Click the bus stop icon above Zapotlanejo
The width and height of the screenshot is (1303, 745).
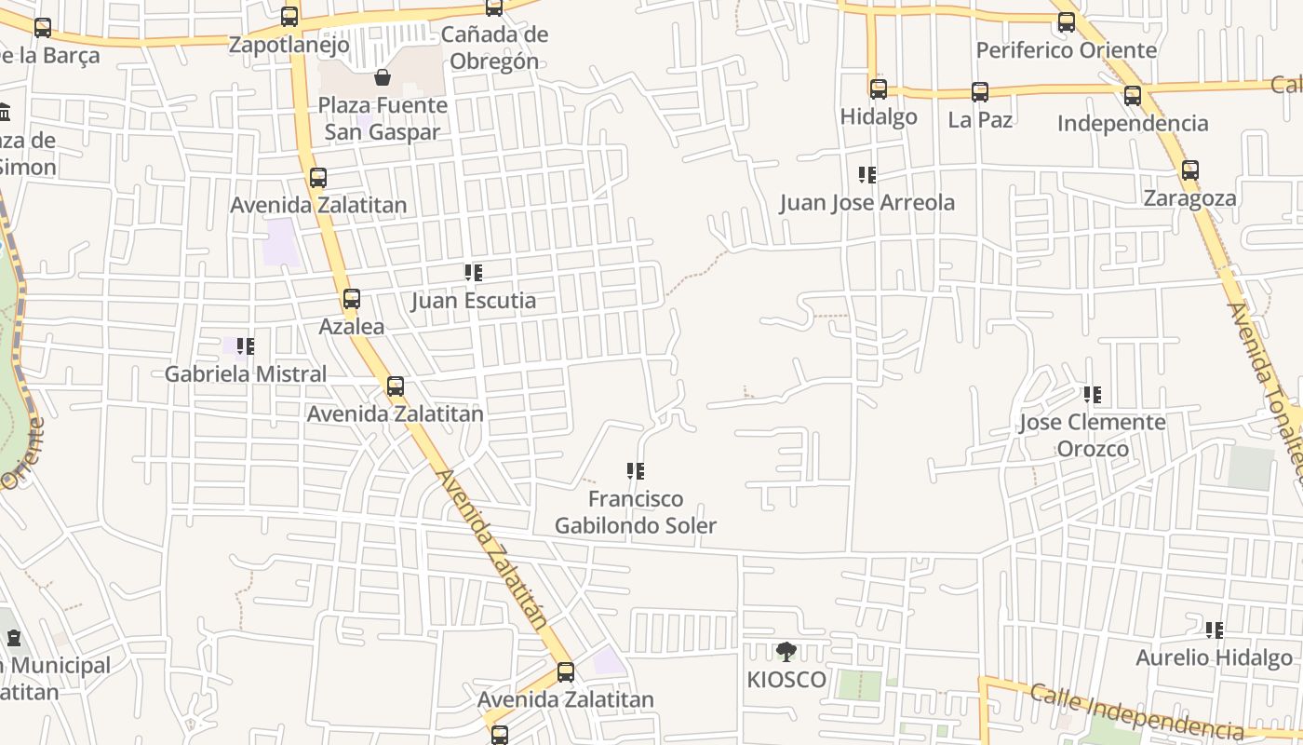(x=289, y=17)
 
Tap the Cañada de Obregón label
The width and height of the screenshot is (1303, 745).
(x=494, y=48)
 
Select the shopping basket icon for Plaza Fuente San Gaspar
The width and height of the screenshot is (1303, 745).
(x=382, y=76)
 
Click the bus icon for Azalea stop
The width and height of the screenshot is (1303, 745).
(x=352, y=299)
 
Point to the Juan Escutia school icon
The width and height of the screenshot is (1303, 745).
(x=474, y=273)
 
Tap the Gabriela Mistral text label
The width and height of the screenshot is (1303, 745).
(x=246, y=374)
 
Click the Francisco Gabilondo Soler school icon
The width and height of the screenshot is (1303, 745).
(x=636, y=471)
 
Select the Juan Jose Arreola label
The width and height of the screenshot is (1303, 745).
(x=867, y=203)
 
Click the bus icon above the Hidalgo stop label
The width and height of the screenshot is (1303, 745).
(x=879, y=89)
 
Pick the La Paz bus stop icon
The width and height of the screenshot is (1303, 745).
(x=980, y=92)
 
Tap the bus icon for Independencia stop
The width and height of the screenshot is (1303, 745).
(x=1133, y=95)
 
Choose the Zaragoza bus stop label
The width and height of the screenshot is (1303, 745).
(x=1190, y=198)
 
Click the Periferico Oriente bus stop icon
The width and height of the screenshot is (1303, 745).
(x=1067, y=22)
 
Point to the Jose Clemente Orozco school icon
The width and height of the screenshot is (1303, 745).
(x=1093, y=395)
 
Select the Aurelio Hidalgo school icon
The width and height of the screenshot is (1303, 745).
(x=1215, y=630)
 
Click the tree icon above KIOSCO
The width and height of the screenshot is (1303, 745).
(x=786, y=651)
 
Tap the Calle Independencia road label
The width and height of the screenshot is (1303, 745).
(x=1136, y=712)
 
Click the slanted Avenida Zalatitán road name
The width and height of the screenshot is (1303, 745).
(x=490, y=549)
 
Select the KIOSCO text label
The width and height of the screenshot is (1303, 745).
(x=786, y=680)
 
